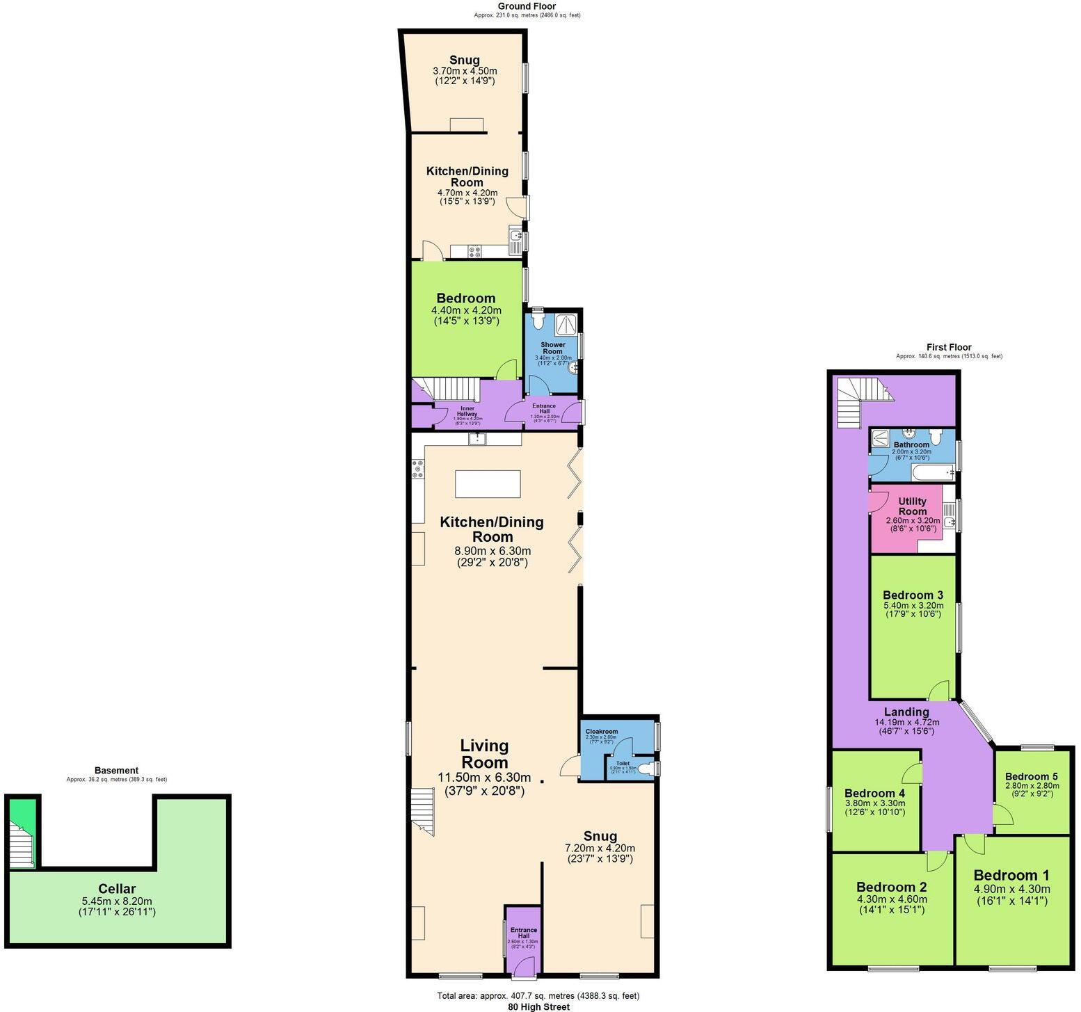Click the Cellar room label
click(x=117, y=888)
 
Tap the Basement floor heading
click(x=116, y=770)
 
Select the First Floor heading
click(x=949, y=347)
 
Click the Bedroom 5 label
click(x=1031, y=776)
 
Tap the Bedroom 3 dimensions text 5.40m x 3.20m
click(x=913, y=605)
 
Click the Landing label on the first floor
click(x=906, y=712)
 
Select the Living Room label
click(x=484, y=754)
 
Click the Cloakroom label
click(x=602, y=732)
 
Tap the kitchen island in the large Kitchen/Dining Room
click(x=488, y=483)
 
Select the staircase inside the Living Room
click(x=422, y=810)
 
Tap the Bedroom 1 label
click(x=1011, y=875)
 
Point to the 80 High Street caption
click(x=538, y=1006)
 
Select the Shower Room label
click(x=553, y=348)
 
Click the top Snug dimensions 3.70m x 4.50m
click(x=465, y=71)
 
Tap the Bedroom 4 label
click(x=874, y=793)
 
